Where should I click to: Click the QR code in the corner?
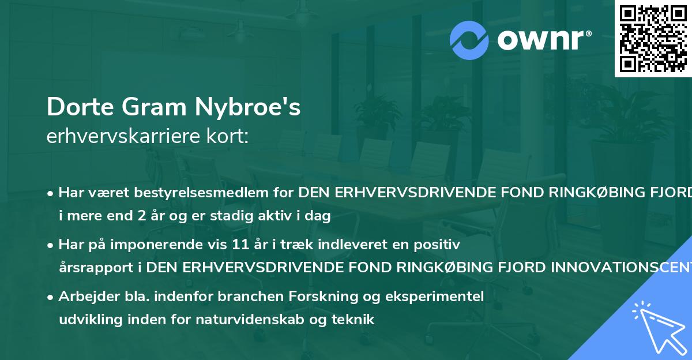pyautogui.click(x=653, y=38)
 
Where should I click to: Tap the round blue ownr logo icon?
pyautogui.click(x=469, y=40)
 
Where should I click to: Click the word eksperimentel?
pyautogui.click(x=443, y=297)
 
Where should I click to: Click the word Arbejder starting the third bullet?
pyautogui.click(x=84, y=297)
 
